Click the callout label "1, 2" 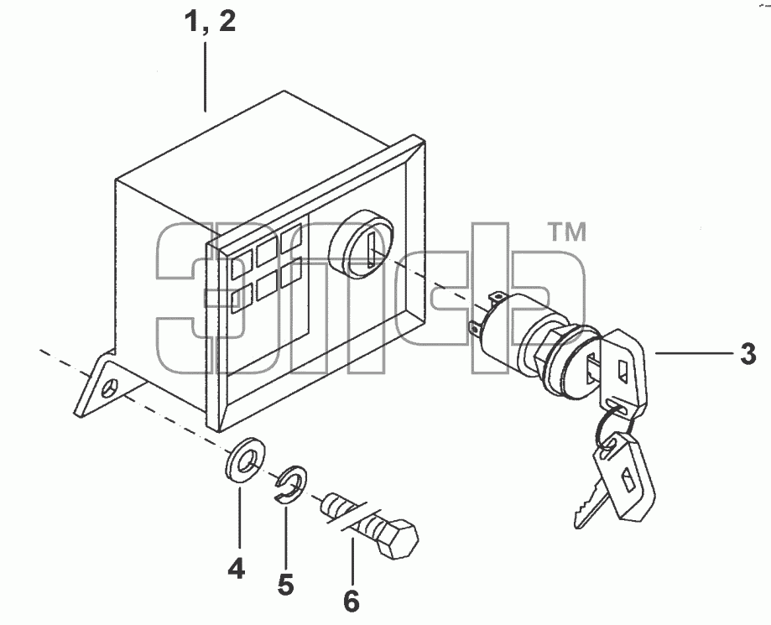210,22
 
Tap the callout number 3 748,354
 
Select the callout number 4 237,569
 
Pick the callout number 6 351,601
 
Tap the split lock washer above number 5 290,484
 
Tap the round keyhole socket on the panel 361,244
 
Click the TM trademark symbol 567,232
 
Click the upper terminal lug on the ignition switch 496,298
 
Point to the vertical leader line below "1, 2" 205,77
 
